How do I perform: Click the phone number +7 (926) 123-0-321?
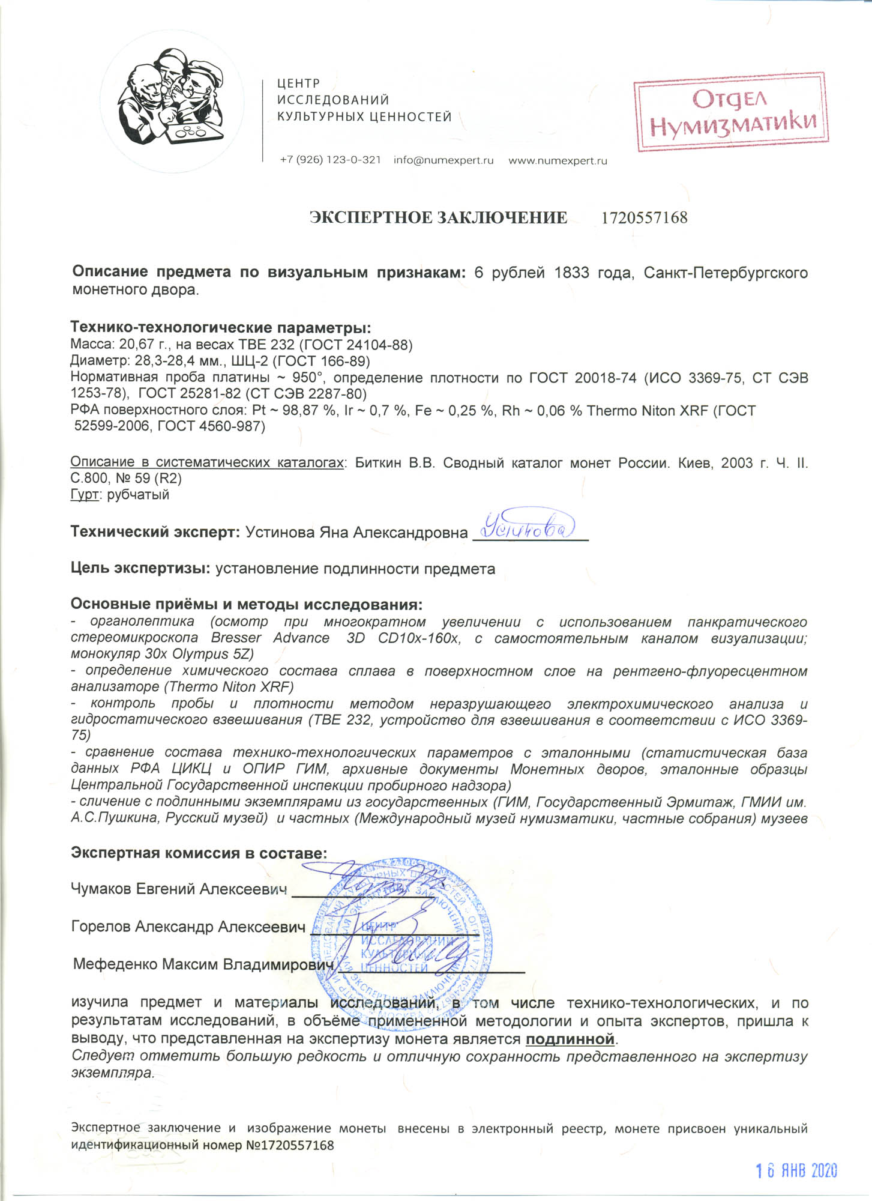pyautogui.click(x=330, y=160)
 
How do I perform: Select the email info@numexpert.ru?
pyautogui.click(x=444, y=160)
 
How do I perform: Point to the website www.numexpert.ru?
pyautogui.click(x=558, y=160)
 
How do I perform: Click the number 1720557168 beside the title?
pyautogui.click(x=644, y=217)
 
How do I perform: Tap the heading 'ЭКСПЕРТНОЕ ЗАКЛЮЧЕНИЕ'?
pyautogui.click(x=438, y=217)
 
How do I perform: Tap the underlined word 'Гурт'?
pyautogui.click(x=83, y=495)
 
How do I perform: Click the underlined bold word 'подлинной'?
pyautogui.click(x=571, y=1039)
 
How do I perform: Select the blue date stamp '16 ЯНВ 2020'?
pyautogui.click(x=795, y=1170)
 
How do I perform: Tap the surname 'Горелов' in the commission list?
pyautogui.click(x=100, y=927)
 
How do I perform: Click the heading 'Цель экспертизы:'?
pyautogui.click(x=141, y=569)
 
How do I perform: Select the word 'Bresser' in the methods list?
pyautogui.click(x=236, y=637)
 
